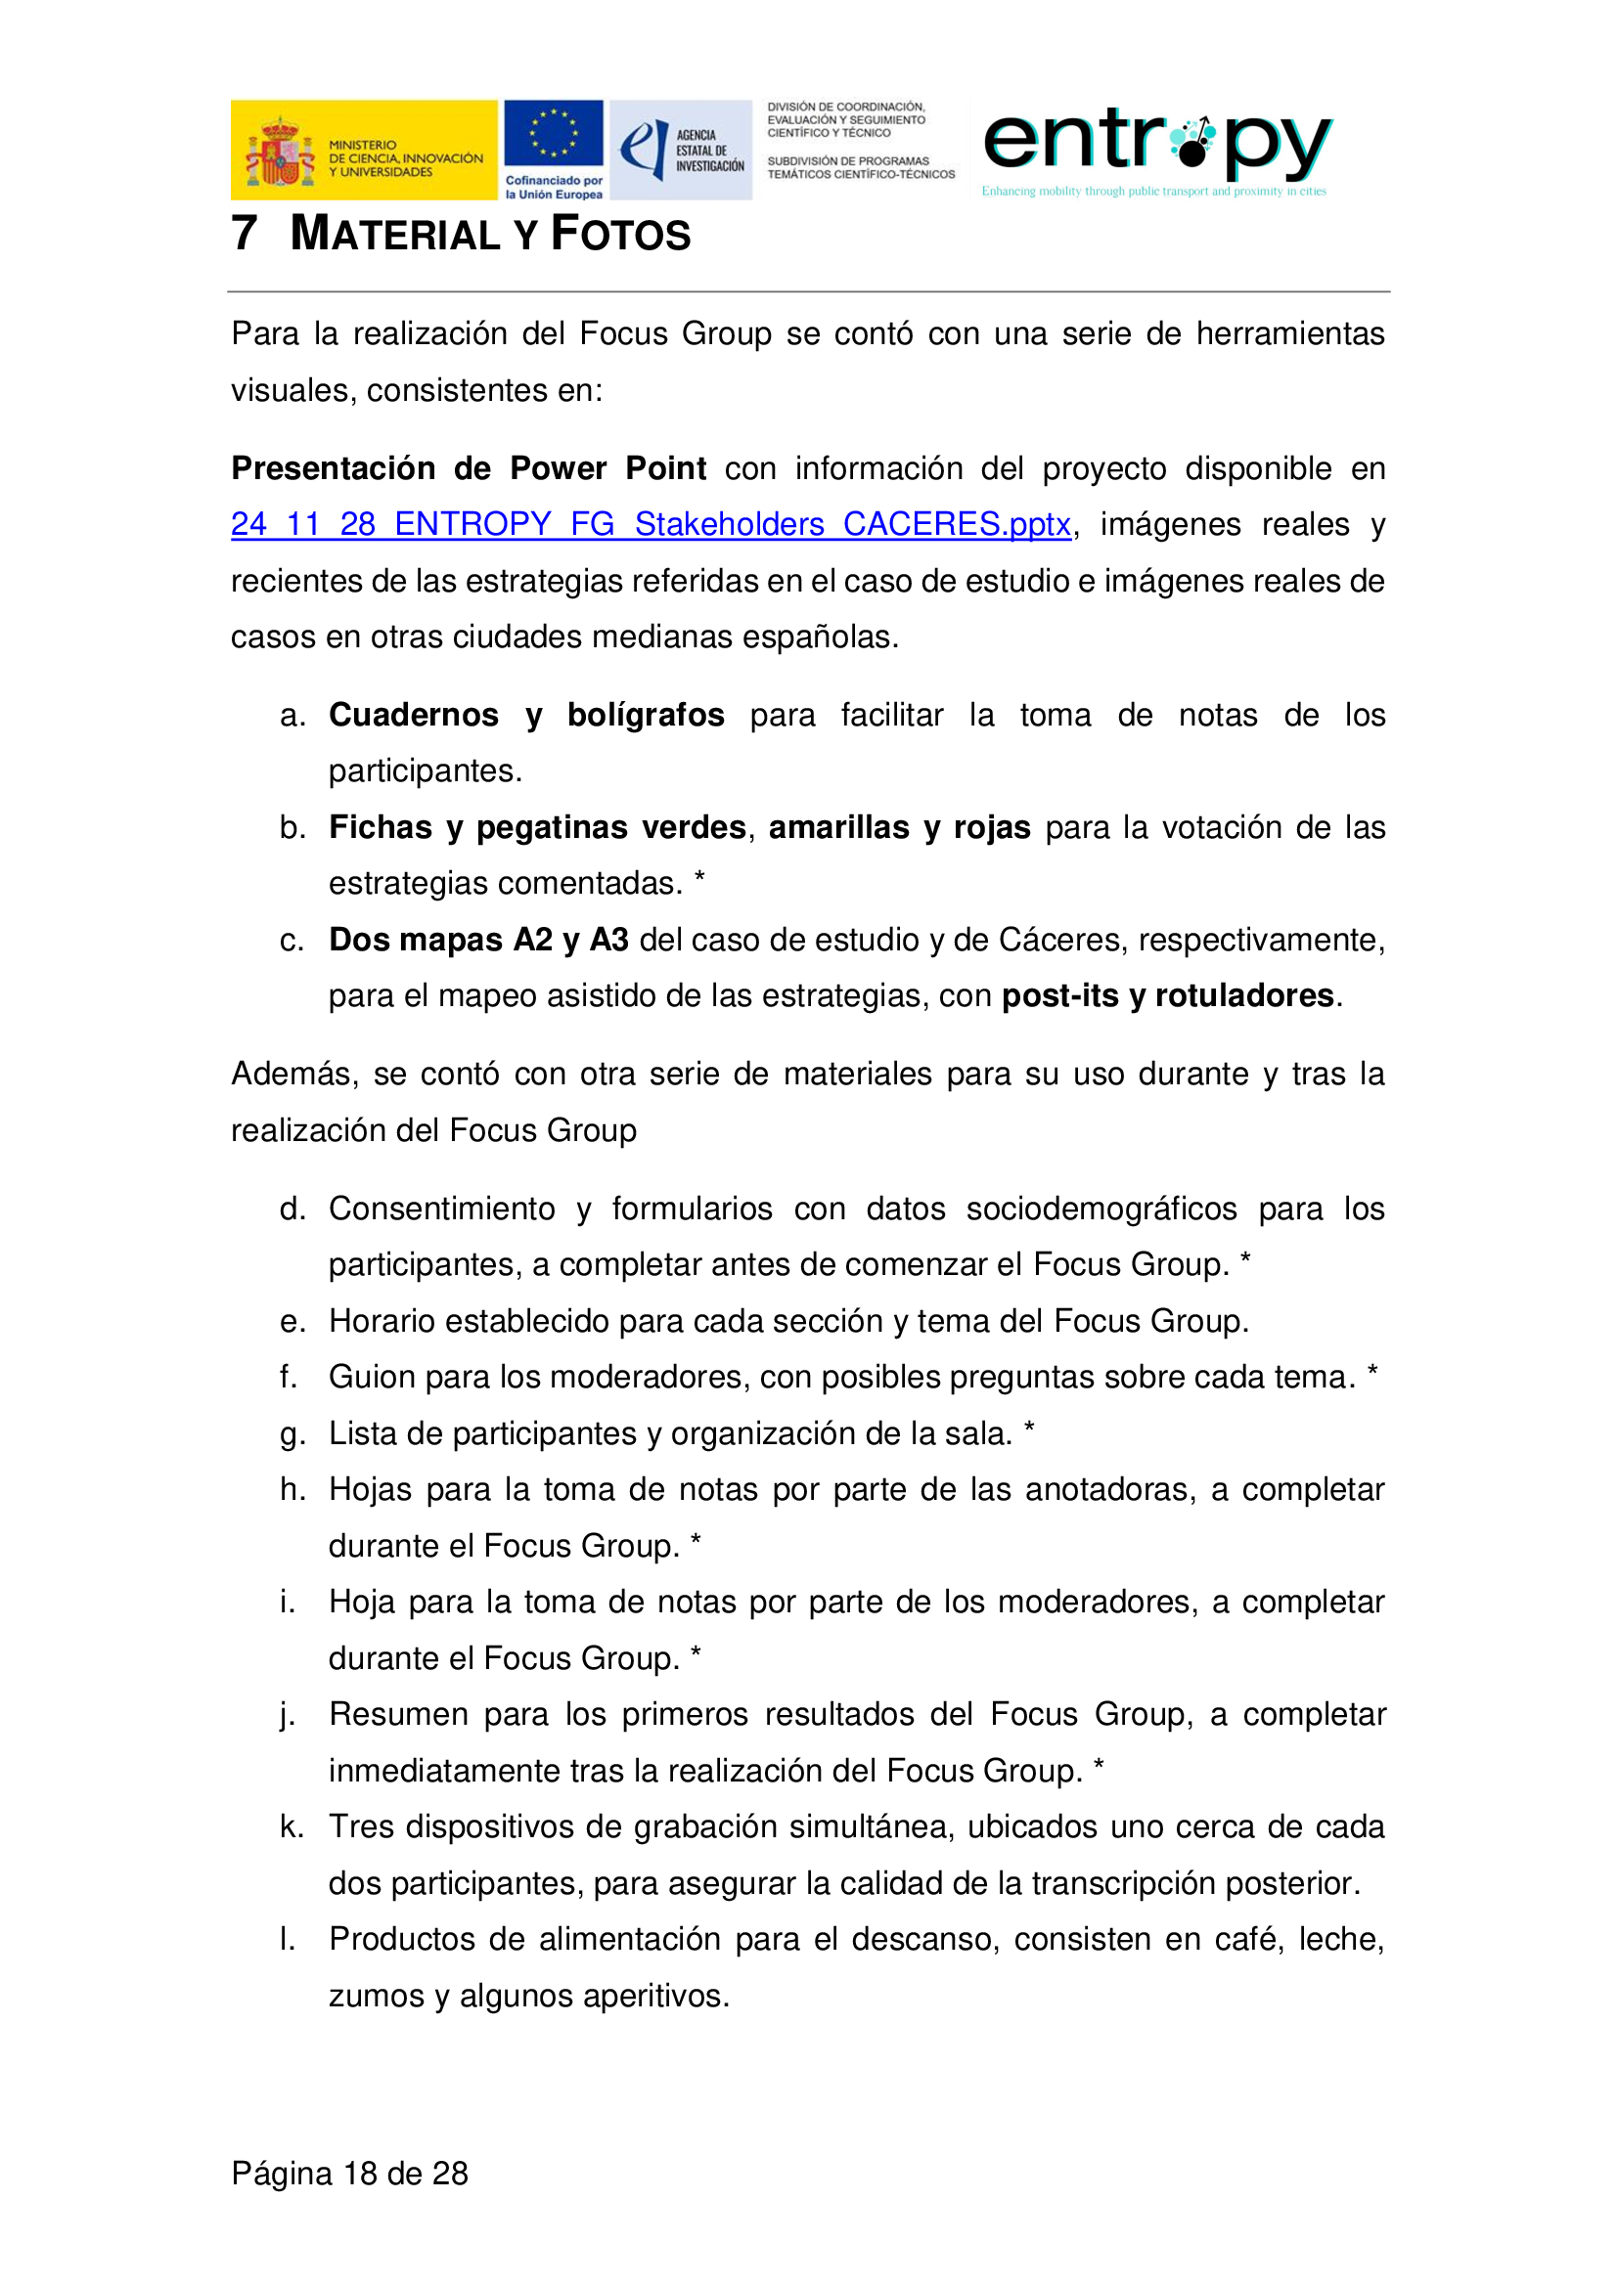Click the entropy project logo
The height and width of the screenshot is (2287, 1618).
click(x=1155, y=150)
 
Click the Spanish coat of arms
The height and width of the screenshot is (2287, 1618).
click(x=280, y=153)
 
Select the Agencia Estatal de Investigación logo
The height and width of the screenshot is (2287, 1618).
click(x=681, y=150)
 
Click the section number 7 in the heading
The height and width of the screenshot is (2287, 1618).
click(x=245, y=233)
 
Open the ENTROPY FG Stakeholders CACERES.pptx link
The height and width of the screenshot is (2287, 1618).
click(x=650, y=524)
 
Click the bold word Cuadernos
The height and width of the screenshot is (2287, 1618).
click(x=414, y=715)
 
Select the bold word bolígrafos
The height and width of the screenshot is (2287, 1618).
click(x=646, y=715)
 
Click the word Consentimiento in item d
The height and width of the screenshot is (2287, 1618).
click(x=441, y=1209)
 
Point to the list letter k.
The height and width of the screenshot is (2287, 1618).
click(x=290, y=1826)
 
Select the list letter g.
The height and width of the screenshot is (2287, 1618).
click(x=291, y=1434)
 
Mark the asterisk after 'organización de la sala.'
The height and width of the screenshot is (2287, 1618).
click(x=1029, y=1430)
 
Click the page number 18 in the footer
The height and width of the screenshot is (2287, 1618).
click(x=360, y=2174)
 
